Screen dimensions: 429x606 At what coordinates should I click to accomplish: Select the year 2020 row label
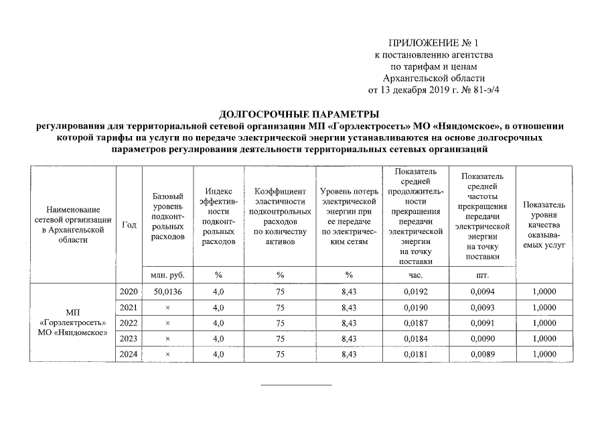(128, 292)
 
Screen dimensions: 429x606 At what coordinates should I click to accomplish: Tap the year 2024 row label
(128, 354)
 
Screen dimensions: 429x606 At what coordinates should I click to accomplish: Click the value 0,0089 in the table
(482, 354)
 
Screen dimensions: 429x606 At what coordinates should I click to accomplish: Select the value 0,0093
(482, 307)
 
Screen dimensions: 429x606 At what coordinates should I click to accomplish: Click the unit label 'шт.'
(482, 275)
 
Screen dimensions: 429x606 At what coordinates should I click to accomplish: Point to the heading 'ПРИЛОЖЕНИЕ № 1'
(434, 43)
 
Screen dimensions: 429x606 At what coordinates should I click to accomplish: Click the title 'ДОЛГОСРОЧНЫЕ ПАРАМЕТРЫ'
(299, 113)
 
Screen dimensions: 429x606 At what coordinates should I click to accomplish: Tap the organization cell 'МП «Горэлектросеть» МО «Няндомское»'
(73, 322)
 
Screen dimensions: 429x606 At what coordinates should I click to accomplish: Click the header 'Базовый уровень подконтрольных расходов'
(168, 217)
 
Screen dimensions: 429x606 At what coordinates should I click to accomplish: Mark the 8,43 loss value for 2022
(348, 322)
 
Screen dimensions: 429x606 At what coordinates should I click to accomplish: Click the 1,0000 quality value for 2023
(544, 339)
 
